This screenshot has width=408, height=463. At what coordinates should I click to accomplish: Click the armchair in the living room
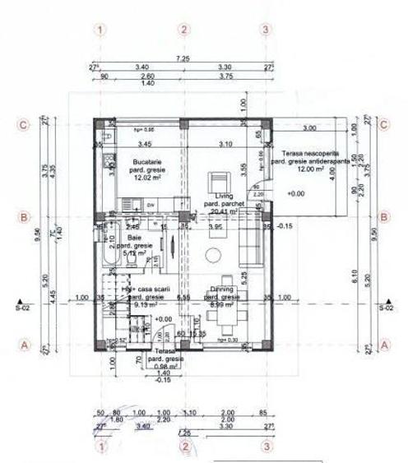220,181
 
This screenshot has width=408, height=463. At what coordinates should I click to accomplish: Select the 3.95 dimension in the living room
216,226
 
